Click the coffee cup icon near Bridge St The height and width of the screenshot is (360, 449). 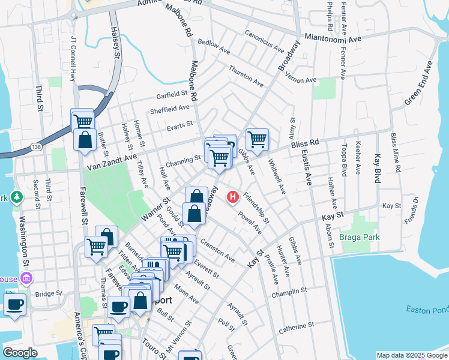point(14,304)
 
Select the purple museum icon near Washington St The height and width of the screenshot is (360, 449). point(26,278)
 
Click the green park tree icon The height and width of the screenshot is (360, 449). point(17,196)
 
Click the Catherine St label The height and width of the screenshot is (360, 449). point(297,328)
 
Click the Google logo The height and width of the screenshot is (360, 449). point(20,352)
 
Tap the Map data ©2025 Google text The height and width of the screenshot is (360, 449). point(411,355)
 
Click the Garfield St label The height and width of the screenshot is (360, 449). point(172,95)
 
